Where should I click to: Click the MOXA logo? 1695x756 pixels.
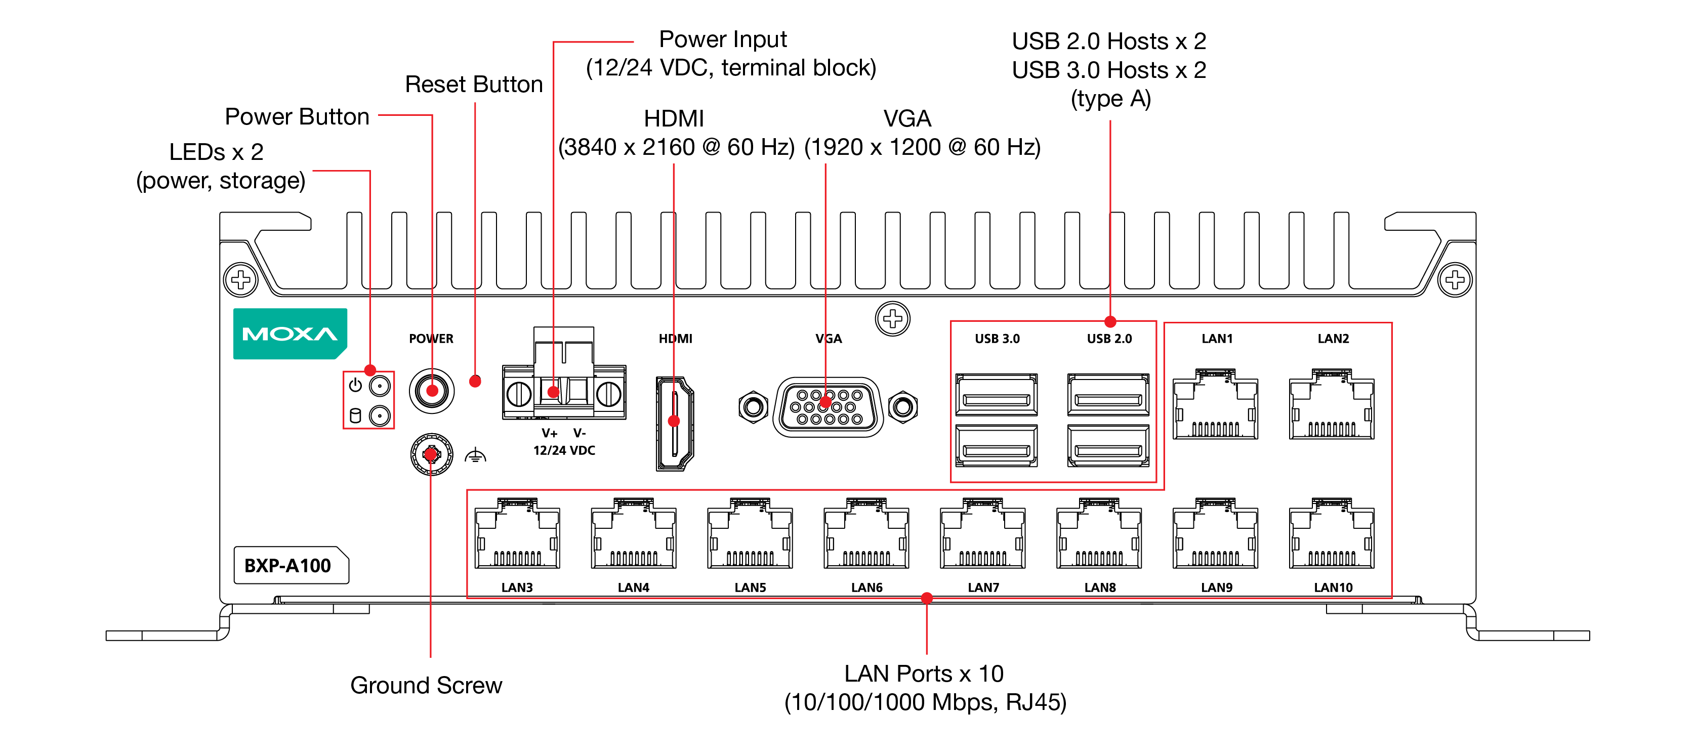(290, 333)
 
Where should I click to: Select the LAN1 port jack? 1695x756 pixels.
(1215, 405)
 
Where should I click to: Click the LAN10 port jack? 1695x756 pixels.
(1332, 534)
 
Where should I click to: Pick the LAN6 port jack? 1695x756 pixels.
(866, 534)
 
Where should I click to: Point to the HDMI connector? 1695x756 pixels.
(675, 423)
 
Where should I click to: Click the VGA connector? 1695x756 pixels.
(828, 407)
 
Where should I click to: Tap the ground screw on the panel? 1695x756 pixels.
(431, 454)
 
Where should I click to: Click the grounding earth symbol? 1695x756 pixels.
(475, 455)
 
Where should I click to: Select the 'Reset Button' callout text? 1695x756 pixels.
(474, 84)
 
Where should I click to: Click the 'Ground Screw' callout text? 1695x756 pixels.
(426, 685)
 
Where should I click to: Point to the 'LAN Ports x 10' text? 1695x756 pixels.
(924, 673)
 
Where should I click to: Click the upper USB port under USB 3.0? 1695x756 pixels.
(996, 395)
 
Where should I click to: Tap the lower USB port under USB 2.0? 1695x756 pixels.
(1108, 447)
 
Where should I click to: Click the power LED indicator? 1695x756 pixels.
(380, 386)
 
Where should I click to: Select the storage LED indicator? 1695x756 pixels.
(380, 416)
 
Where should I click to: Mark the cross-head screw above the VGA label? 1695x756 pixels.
(892, 319)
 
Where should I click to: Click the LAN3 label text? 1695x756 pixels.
(517, 587)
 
